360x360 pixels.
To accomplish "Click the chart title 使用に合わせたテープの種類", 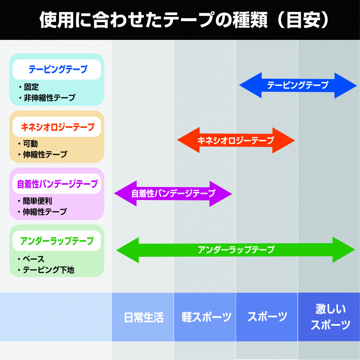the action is pos(154,20).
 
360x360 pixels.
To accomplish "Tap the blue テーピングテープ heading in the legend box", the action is pos(58,69).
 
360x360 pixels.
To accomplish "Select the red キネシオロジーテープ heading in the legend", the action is pos(58,127).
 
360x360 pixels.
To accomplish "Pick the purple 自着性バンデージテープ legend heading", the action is pos(57,184).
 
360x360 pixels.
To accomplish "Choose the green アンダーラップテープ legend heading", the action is pos(57,241).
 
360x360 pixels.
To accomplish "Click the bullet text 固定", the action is pos(31,87).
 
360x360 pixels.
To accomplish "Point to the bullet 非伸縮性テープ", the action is pos(50,98).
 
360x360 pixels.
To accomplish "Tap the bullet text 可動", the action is pos(30,144).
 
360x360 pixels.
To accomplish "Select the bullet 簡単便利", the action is pos(37,201).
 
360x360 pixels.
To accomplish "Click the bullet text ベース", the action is pos(34,259).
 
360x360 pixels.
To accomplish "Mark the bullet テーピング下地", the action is pos(48,270).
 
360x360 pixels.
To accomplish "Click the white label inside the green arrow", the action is pos(236,250).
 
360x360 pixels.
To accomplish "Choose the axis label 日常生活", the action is pos(144,318).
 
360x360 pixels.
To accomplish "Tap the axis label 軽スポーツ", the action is pos(206,317).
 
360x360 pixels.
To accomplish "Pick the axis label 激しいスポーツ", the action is pos(331,317).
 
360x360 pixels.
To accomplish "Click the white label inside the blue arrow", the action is pos(298,85).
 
